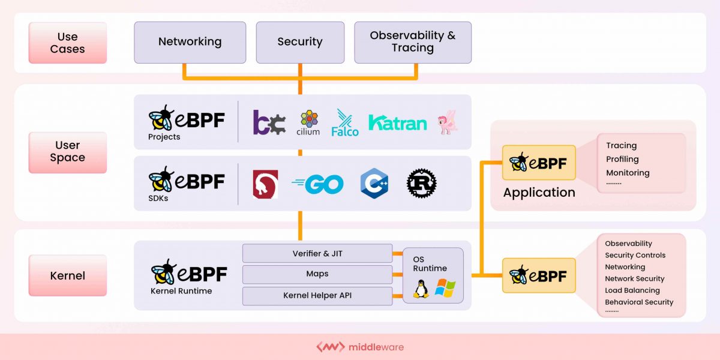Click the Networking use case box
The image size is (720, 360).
point(190,42)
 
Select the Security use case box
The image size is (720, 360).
point(299,42)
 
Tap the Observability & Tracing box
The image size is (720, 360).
point(412,42)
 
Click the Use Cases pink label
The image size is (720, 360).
point(67,43)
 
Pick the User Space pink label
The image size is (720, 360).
point(67,152)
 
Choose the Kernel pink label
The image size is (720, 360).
point(67,275)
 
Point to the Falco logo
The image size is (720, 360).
point(345,122)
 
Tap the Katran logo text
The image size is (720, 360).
point(397,123)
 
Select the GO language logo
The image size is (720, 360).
point(317,184)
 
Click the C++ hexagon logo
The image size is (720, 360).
point(374,183)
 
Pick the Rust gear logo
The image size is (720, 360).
point(421,183)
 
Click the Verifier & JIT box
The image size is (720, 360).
point(317,253)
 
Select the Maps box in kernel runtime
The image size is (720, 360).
point(317,274)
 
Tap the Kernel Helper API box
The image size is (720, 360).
point(317,295)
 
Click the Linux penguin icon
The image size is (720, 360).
point(421,289)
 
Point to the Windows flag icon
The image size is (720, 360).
point(445,288)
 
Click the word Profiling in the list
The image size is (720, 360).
point(622,159)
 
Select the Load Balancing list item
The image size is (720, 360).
point(632,290)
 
